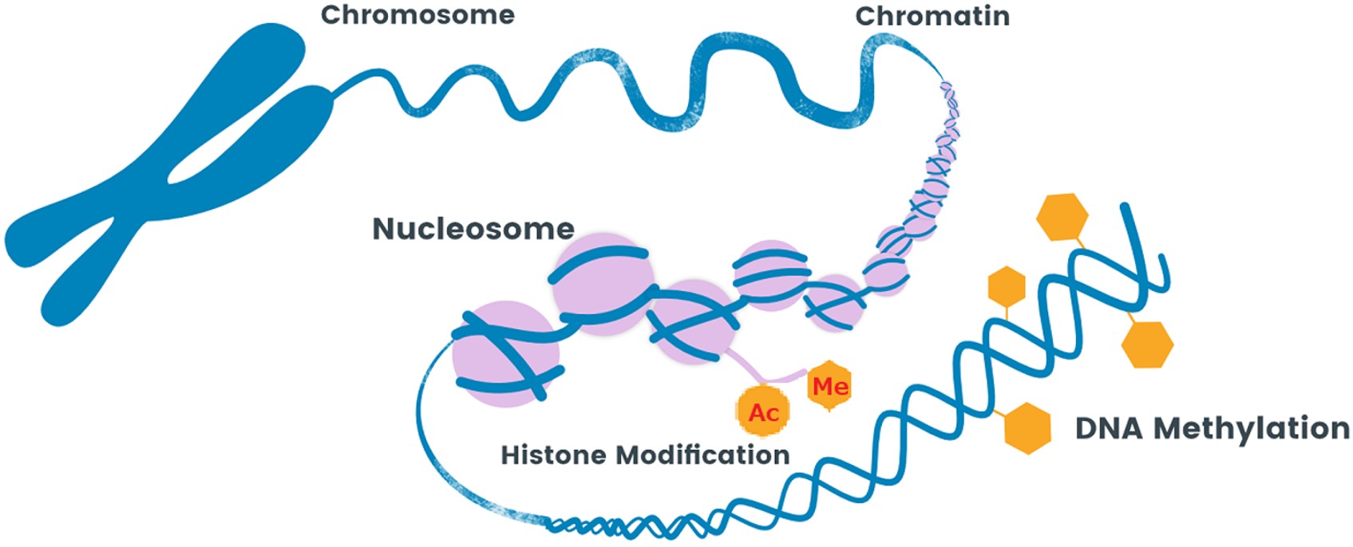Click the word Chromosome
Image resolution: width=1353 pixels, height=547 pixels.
point(417,15)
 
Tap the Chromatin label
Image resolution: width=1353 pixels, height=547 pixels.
point(932,16)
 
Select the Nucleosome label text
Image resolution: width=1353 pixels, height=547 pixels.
point(473,229)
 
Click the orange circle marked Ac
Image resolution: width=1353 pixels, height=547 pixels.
point(763,411)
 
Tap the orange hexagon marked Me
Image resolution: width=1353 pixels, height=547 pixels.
point(829,387)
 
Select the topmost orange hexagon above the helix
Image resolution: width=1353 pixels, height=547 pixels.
point(1062,216)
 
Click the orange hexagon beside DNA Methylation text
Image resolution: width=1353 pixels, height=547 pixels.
point(1027,428)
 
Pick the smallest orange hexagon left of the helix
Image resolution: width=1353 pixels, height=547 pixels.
point(1007,286)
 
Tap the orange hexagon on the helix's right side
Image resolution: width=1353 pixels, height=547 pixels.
point(1147,344)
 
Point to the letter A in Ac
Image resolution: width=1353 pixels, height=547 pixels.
point(755,412)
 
